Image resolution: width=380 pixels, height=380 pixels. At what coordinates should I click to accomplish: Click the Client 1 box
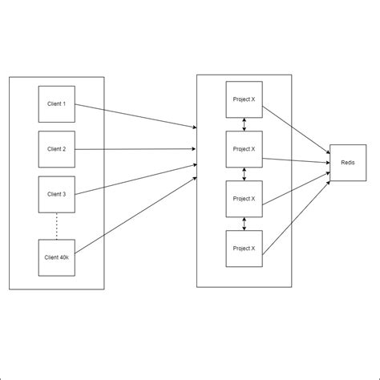click(57, 103)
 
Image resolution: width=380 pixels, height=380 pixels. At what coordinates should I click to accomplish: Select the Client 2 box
click(57, 149)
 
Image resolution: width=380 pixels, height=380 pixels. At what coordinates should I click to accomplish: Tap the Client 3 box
click(57, 194)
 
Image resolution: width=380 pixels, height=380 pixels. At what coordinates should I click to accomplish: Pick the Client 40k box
click(57, 257)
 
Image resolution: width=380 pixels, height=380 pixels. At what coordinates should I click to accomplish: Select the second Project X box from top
click(244, 148)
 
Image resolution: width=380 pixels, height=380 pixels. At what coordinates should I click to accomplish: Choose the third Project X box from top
click(244, 198)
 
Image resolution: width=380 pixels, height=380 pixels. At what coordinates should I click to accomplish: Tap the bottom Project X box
click(244, 248)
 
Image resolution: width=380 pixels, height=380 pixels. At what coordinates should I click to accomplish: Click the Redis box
click(348, 162)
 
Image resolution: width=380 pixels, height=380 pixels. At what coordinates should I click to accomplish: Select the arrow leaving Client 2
click(136, 149)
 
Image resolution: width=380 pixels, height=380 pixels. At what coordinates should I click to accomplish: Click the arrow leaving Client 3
click(136, 179)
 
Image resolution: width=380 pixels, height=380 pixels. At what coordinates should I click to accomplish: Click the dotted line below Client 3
click(57, 226)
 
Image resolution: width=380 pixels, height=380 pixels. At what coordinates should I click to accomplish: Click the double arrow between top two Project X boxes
click(244, 124)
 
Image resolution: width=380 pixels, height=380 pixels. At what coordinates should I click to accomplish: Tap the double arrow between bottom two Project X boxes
click(244, 223)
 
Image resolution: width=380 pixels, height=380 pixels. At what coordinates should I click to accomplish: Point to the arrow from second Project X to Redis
click(296, 160)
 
